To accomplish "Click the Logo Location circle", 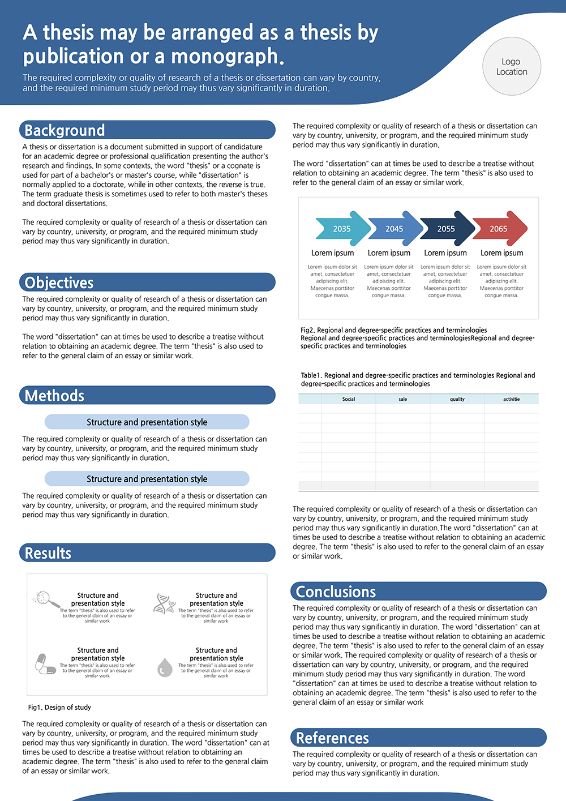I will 512,67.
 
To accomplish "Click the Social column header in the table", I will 349,399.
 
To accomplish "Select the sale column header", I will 402,399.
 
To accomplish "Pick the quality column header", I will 457,399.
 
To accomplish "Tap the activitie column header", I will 511,399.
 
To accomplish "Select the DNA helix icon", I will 164,604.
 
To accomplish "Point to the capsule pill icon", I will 45,663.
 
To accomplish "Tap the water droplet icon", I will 165,667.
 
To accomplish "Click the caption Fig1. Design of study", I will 59,707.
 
